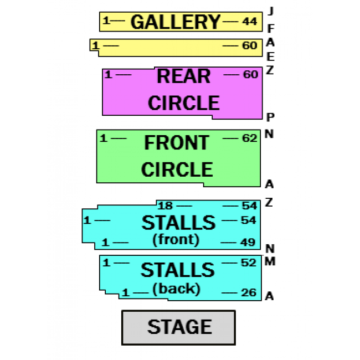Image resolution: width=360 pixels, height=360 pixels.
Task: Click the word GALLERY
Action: pyautogui.click(x=176, y=22)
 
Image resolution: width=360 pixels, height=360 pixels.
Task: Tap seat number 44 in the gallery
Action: pyautogui.click(x=250, y=22)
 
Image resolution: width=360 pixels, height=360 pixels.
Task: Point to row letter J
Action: pyautogui.click(x=270, y=11)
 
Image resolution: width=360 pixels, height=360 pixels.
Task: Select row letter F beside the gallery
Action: pyautogui.click(x=270, y=28)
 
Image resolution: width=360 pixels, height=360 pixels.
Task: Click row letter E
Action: pyautogui.click(x=270, y=56)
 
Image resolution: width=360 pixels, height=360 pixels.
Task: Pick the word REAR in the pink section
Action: pyautogui.click(x=176, y=76)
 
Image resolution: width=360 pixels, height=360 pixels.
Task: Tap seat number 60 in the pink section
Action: pyautogui.click(x=250, y=74)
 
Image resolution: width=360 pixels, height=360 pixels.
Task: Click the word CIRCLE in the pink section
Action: pyautogui.click(x=176, y=103)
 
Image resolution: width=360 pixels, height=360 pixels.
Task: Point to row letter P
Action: pyautogui.click(x=270, y=117)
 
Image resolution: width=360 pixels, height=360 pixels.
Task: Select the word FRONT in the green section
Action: pyautogui.click(x=176, y=143)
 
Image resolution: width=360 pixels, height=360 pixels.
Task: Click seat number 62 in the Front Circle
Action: pyautogui.click(x=250, y=138)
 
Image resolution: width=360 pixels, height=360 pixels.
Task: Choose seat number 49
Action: pyautogui.click(x=248, y=243)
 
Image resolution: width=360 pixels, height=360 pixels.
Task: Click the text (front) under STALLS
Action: pyautogui.click(x=176, y=240)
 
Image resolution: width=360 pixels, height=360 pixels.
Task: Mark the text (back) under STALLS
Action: pyautogui.click(x=176, y=289)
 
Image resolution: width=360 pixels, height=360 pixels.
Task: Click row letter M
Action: pyautogui.click(x=270, y=261)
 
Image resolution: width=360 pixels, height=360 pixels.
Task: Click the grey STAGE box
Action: pyautogui.click(x=178, y=327)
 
